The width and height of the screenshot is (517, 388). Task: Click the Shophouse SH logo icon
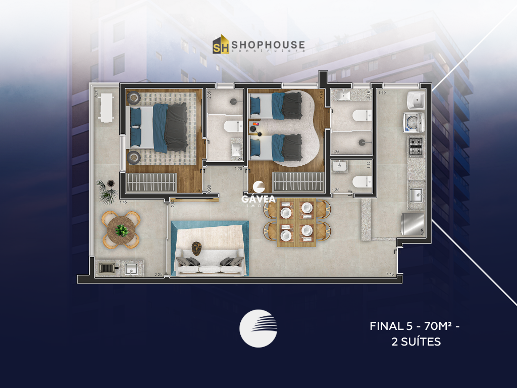[221, 44]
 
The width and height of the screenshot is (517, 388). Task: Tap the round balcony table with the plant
[121, 230]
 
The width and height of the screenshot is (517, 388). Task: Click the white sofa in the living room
[209, 263]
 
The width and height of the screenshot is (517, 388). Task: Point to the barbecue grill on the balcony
[106, 268]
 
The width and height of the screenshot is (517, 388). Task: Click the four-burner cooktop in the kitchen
[416, 147]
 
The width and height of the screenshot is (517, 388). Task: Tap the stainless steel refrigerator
[413, 224]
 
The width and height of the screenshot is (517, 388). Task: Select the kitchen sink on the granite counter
[416, 194]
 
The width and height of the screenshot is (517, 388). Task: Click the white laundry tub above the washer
[416, 100]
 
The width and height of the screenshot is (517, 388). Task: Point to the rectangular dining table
[296, 223]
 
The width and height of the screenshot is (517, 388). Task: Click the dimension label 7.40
[389, 274]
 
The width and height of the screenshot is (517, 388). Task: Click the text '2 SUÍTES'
[416, 342]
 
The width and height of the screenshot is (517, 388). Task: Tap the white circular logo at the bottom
[258, 328]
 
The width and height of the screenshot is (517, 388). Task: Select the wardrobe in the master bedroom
[151, 182]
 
